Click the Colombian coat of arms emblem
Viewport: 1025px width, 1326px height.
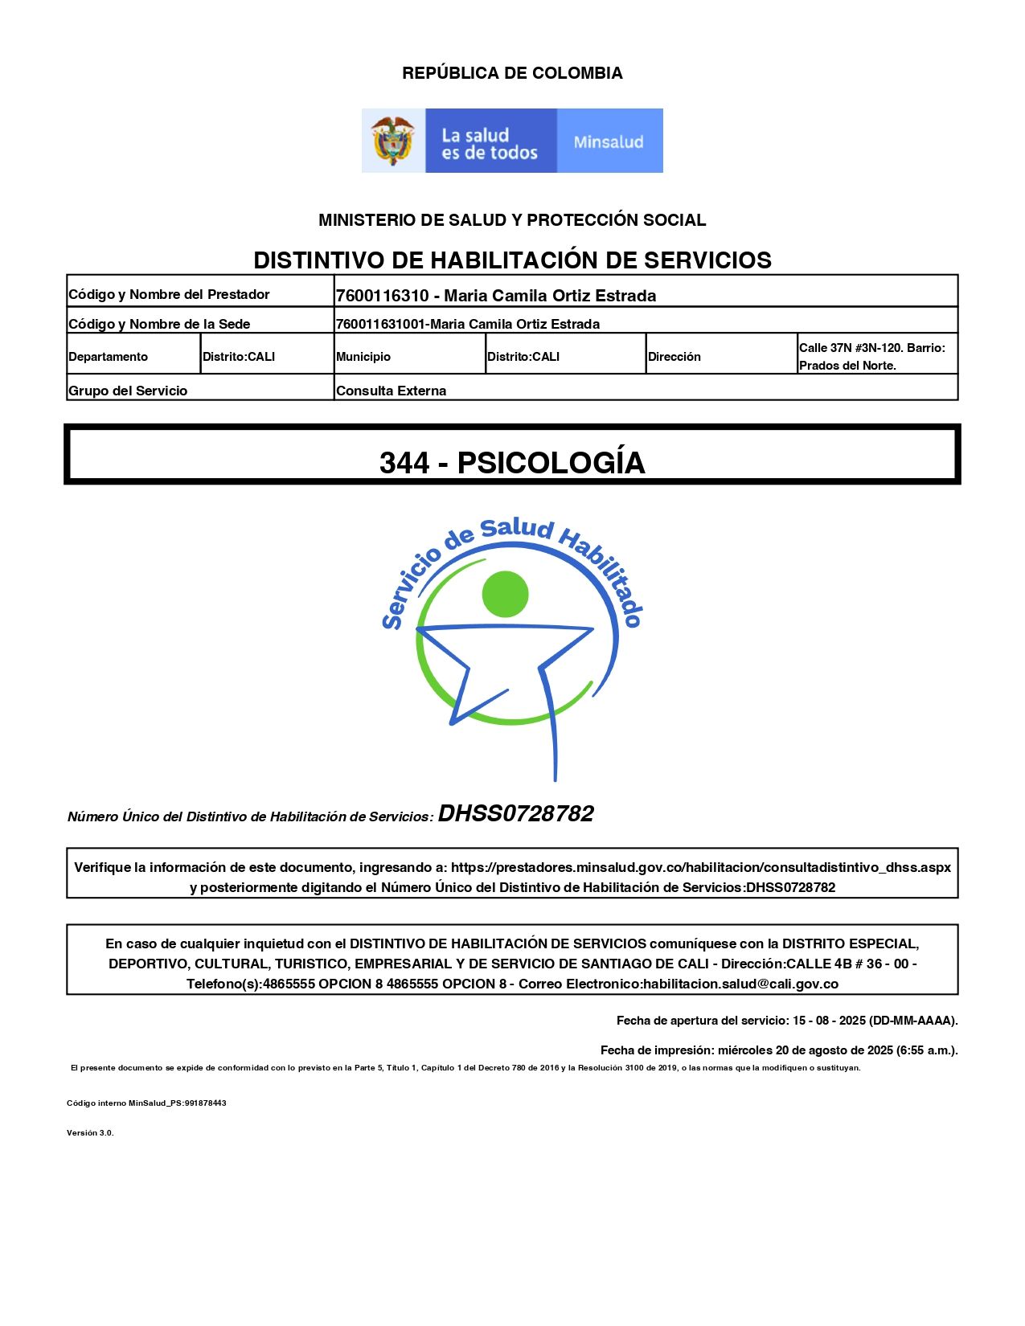pyautogui.click(x=392, y=141)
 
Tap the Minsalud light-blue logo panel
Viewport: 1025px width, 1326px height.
pyautogui.click(x=609, y=141)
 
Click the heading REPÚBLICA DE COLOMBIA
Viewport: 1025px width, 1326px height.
pyautogui.click(x=512, y=73)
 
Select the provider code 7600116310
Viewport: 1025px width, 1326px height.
pyautogui.click(x=382, y=296)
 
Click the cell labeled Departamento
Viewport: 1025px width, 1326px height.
pyautogui.click(x=109, y=357)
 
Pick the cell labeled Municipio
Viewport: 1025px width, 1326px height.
pyautogui.click(x=363, y=357)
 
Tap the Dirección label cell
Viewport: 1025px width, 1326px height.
pyautogui.click(x=674, y=357)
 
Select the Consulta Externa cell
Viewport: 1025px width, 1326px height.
pyautogui.click(x=392, y=391)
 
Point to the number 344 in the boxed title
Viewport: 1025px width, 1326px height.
pyautogui.click(x=404, y=463)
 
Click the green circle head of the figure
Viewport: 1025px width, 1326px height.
pyautogui.click(x=505, y=595)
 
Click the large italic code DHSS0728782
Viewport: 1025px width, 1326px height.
pyautogui.click(x=515, y=813)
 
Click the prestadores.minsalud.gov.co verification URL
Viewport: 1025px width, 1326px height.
pyautogui.click(x=700, y=868)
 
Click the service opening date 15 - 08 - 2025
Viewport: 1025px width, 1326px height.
pyautogui.click(x=829, y=1021)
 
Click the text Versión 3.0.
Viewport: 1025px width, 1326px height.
pyautogui.click(x=90, y=1133)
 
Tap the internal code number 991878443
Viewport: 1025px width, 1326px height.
pyautogui.click(x=206, y=1103)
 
